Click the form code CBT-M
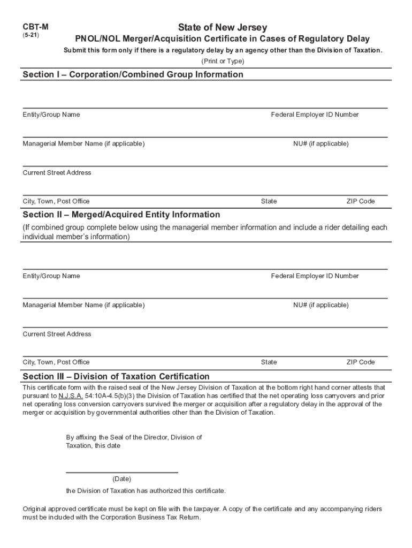click(32, 26)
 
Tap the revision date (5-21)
click(30, 35)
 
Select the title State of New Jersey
click(223, 27)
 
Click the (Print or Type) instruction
click(223, 62)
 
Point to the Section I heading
click(133, 74)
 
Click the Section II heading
click(121, 215)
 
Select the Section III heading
click(116, 376)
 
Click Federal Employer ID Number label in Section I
click(315, 115)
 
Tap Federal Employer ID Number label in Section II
click(315, 276)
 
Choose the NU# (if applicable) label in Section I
click(321, 143)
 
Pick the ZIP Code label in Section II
click(360, 362)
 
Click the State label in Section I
click(269, 201)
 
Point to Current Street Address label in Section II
click(57, 334)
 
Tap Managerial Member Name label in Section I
click(83, 143)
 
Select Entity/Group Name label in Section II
click(51, 276)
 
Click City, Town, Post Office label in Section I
click(56, 201)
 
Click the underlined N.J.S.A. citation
click(71, 396)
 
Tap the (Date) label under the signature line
click(121, 479)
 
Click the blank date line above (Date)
click(121, 472)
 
